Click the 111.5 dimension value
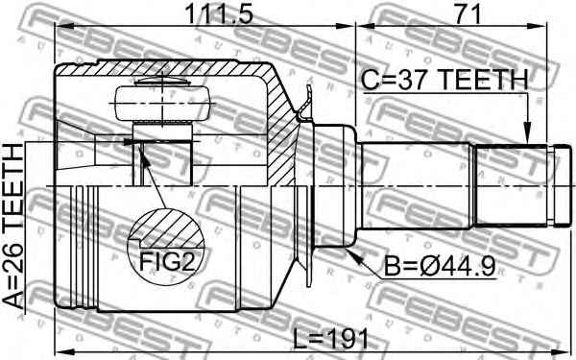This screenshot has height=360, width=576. click(219, 14)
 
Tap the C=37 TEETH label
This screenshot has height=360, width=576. click(444, 80)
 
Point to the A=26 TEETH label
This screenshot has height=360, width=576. click(13, 226)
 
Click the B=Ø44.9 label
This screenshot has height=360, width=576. click(440, 266)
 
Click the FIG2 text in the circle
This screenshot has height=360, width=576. click(167, 261)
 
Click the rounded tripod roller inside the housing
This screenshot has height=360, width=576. click(163, 104)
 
